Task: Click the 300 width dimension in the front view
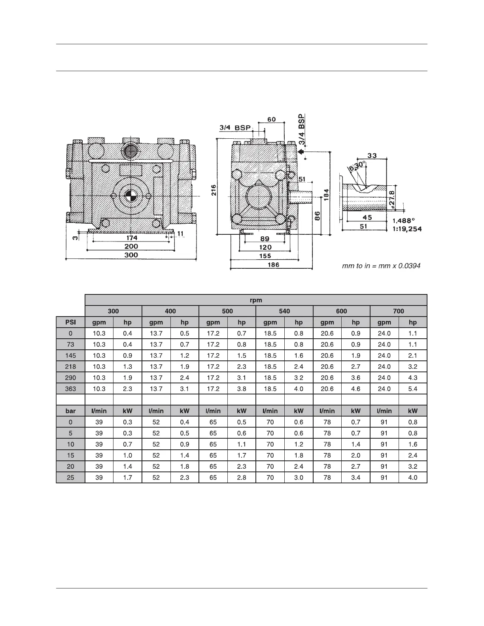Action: pos(131,255)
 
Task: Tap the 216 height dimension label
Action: pos(214,190)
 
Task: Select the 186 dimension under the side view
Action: pos(273,265)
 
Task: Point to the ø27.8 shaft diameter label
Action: pos(391,199)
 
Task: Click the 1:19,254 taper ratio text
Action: pos(407,229)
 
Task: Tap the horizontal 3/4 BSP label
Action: pos(235,128)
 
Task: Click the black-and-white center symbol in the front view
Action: pos(131,196)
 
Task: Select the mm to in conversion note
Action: pos(381,266)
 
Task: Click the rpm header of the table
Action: pos(256,300)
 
